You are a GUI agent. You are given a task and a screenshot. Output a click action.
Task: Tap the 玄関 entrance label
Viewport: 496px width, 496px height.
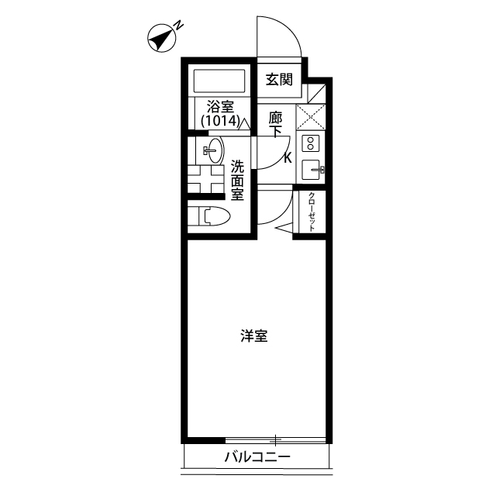pyautogui.click(x=278, y=78)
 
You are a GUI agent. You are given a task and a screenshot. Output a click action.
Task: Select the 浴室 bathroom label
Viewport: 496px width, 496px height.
pyautogui.click(x=220, y=106)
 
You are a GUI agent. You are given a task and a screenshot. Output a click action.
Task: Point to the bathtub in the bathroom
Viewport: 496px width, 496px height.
pyautogui.click(x=219, y=81)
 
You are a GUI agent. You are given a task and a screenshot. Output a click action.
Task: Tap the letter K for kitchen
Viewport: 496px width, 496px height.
pyautogui.click(x=288, y=159)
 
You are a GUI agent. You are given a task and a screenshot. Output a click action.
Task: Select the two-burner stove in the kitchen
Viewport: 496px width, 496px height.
pyautogui.click(x=309, y=143)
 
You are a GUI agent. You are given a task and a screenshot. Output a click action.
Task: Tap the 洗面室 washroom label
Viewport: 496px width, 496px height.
pyautogui.click(x=237, y=180)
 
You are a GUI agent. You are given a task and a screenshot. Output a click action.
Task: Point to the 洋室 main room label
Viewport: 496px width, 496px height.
pyautogui.click(x=253, y=336)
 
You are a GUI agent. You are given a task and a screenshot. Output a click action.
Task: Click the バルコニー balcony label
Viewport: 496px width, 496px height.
pyautogui.click(x=257, y=457)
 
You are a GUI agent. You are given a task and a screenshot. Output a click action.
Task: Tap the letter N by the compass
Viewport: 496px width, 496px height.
pyautogui.click(x=178, y=25)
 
